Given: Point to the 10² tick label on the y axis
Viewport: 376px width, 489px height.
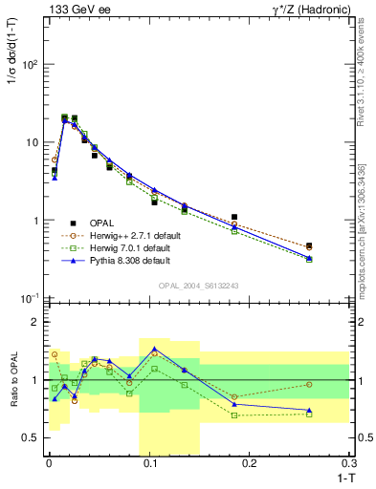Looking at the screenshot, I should (31, 65).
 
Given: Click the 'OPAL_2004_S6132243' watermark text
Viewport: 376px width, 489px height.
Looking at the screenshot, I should (199, 286).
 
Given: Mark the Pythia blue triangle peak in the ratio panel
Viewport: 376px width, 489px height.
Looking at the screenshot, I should (154, 349).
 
